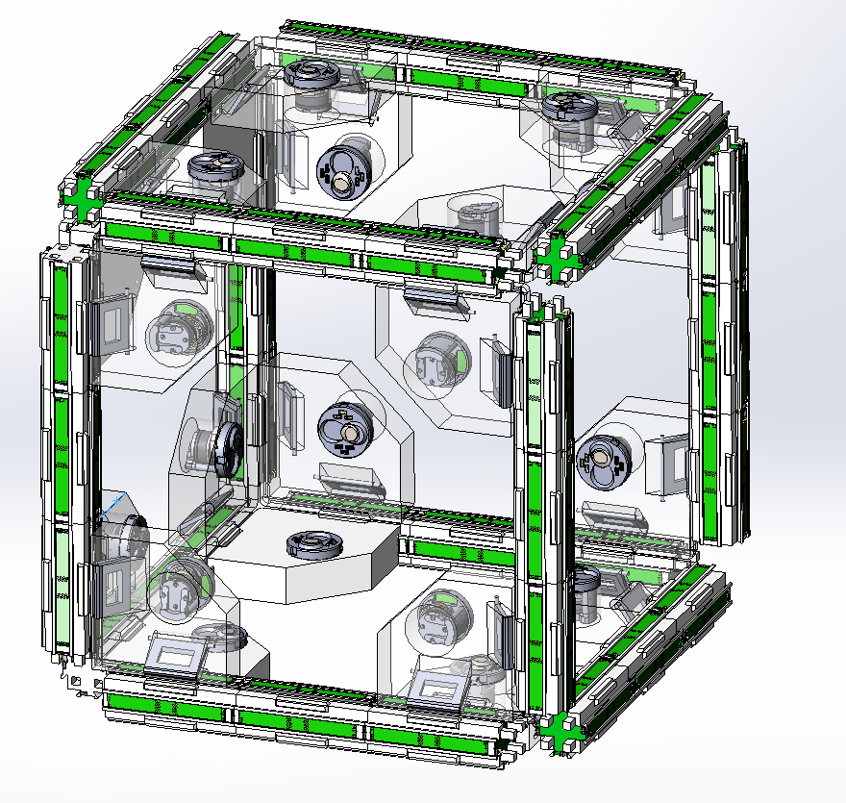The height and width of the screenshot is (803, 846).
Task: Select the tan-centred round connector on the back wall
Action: pyautogui.click(x=344, y=429)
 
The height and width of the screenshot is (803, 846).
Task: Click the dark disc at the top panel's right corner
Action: pyautogui.click(x=568, y=106)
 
